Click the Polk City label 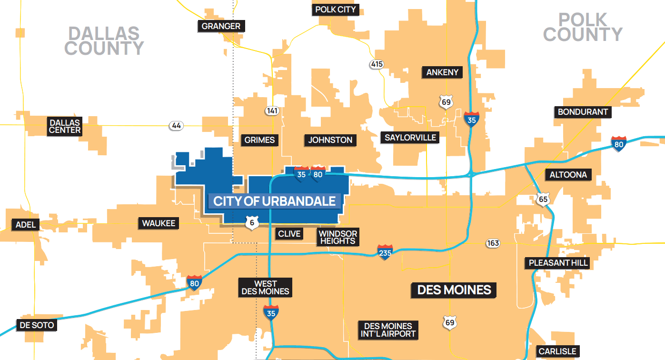pos(336,10)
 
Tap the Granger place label pos(221,26)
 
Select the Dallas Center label pos(65,126)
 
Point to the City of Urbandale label pos(275,201)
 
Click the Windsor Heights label pos(337,237)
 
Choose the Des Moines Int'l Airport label pos(388,330)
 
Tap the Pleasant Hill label pos(558,262)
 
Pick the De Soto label pos(37,326)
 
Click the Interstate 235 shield pos(385,252)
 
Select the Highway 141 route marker pos(272,111)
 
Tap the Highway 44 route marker pos(176,126)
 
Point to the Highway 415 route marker pos(377,64)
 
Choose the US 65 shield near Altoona pos(543,199)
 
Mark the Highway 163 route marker pos(493,243)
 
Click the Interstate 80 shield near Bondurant pos(619,143)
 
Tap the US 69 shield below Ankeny pos(446,102)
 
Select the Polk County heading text pos(583,27)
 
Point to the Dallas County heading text pos(104,41)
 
